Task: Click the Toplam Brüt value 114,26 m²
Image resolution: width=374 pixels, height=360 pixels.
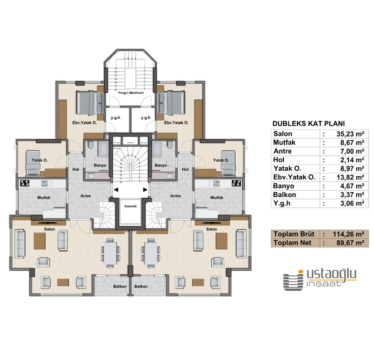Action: (x=345, y=234)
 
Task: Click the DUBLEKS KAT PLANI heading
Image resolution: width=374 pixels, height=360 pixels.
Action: (x=308, y=124)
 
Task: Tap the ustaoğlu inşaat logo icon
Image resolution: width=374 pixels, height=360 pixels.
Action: (x=293, y=281)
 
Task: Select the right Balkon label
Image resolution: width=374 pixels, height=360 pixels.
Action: (x=141, y=286)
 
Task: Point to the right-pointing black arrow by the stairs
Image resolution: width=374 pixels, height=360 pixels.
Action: (x=145, y=189)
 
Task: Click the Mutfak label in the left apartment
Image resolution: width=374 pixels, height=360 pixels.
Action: (x=44, y=197)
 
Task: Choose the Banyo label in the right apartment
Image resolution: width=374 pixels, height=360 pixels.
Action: (x=161, y=166)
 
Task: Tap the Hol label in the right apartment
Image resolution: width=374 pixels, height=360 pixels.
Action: (x=185, y=169)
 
